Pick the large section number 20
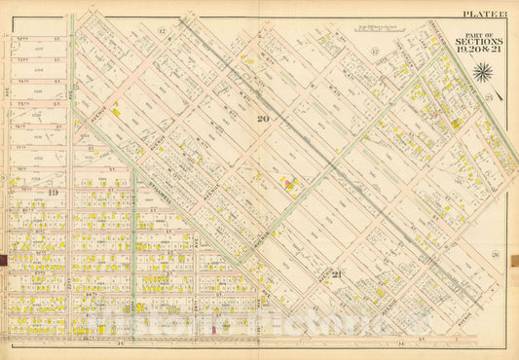pos(260,120)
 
